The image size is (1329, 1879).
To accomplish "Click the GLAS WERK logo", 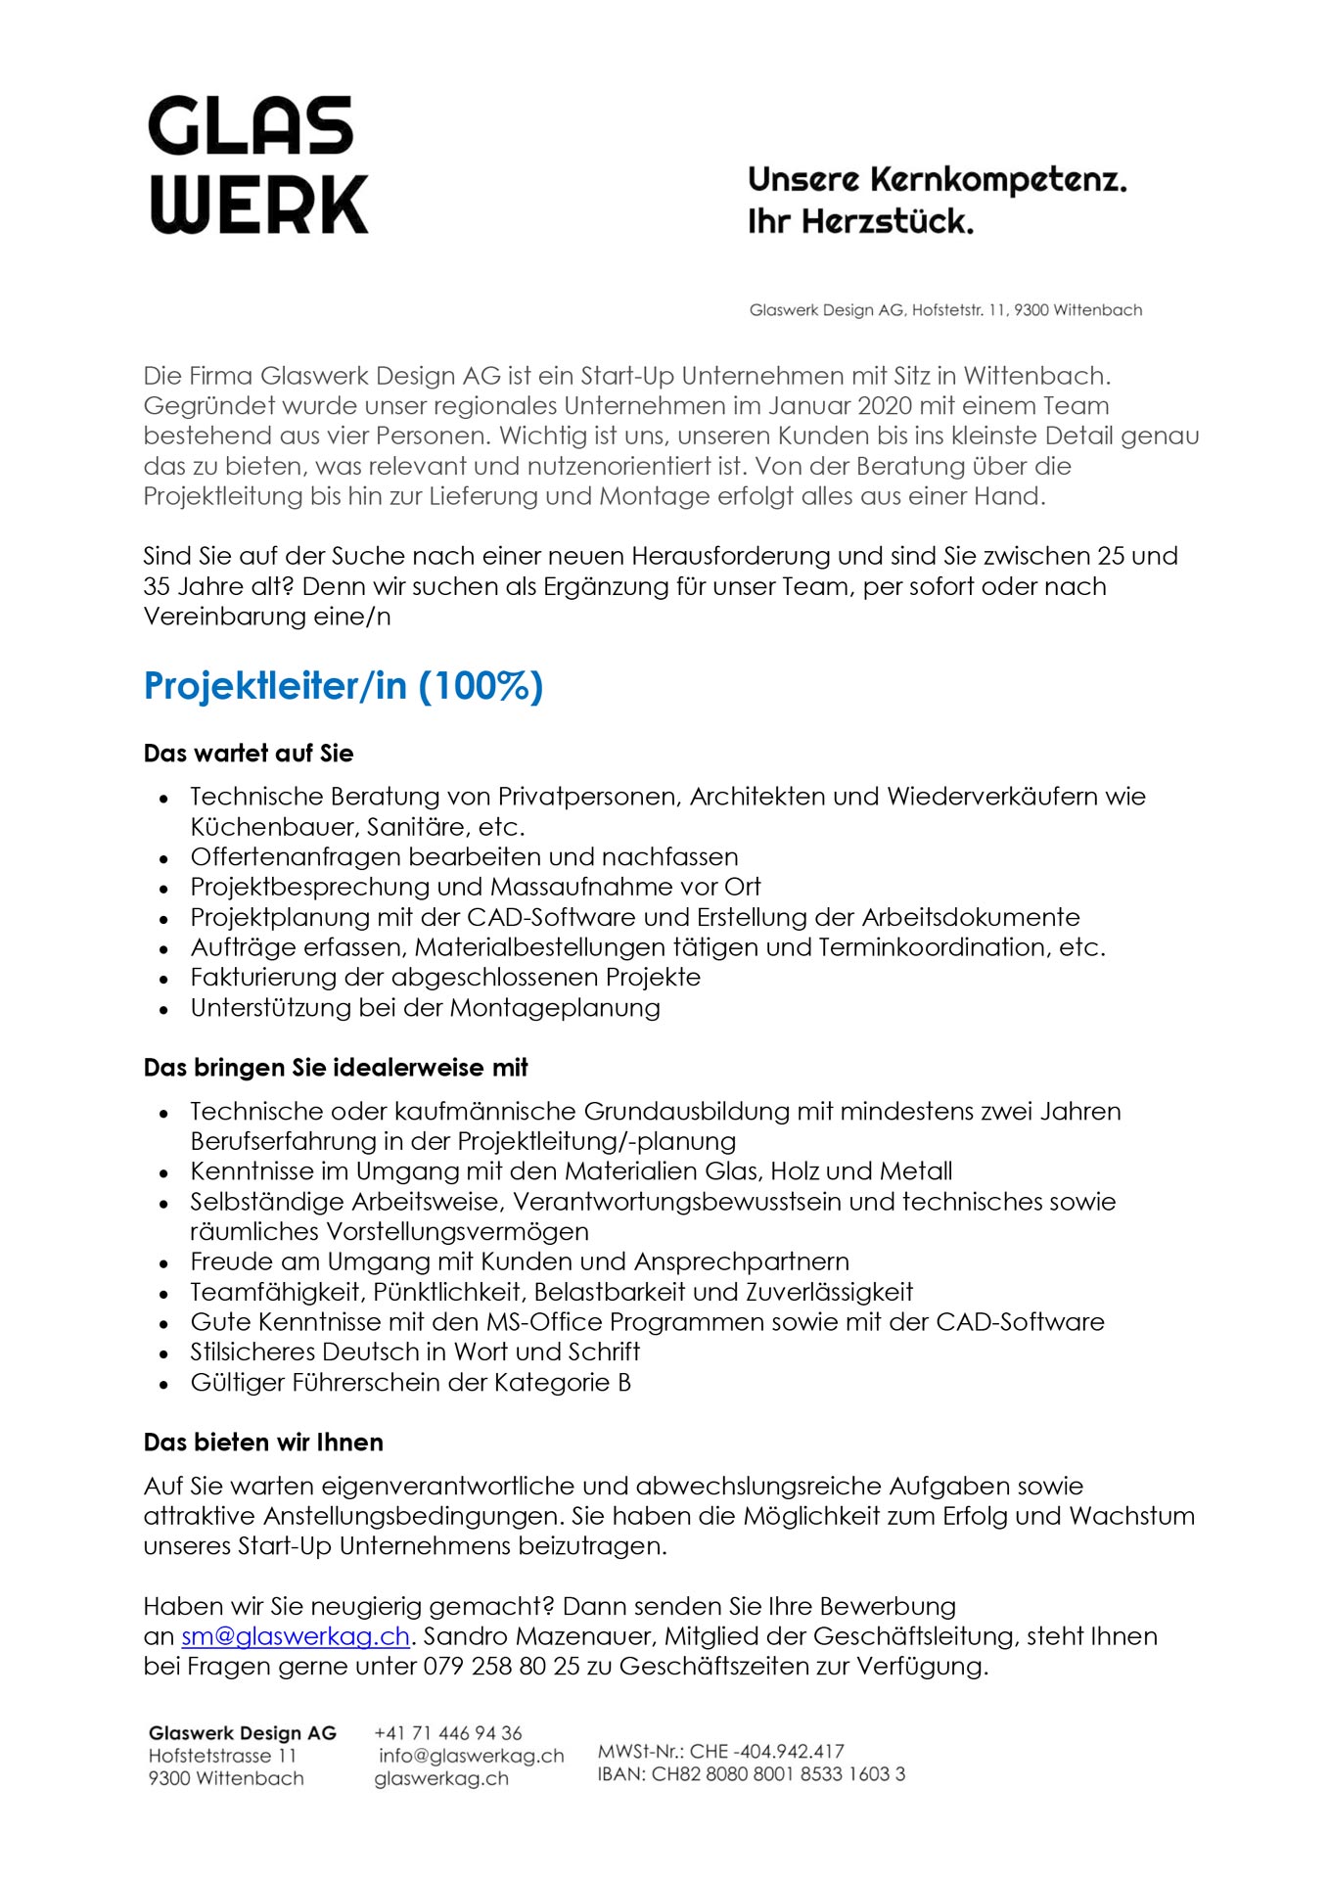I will pos(258,164).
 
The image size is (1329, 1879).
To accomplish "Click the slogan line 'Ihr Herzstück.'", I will pos(860,222).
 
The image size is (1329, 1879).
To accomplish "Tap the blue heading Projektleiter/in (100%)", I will pos(343,686).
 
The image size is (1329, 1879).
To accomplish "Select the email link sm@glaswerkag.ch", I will pos(295,1636).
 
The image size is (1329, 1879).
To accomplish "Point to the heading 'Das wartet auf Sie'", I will pos(248,754).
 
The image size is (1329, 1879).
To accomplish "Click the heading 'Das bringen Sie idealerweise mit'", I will pos(336,1068).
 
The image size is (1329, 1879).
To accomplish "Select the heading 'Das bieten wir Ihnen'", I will pos(263,1443).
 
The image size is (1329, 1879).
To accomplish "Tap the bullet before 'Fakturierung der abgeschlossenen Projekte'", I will pos(164,980).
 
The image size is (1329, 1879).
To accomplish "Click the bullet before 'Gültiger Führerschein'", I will pos(164,1385).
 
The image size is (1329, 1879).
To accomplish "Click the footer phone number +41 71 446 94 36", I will pos(448,1733).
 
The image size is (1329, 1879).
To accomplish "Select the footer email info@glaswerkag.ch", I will pos(471,1756).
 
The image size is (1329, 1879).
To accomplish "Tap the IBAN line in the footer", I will pos(751,1773).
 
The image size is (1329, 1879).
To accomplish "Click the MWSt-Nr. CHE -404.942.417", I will pos(720,1751).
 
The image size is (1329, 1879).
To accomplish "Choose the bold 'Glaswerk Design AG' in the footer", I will pos(242,1733).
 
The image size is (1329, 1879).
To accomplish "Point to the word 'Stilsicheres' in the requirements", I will pos(252,1352).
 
